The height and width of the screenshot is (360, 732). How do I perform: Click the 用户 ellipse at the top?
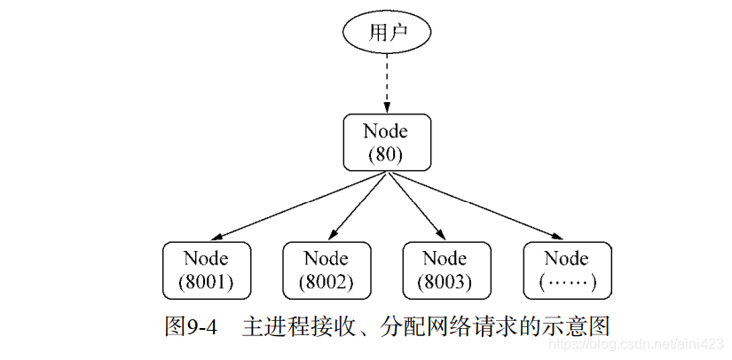pyautogui.click(x=386, y=34)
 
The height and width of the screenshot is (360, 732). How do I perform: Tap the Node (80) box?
pyautogui.click(x=386, y=142)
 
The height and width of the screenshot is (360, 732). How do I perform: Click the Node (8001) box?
pyautogui.click(x=206, y=270)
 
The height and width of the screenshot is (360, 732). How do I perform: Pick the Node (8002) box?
pyautogui.click(x=326, y=270)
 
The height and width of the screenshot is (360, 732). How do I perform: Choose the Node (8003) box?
pyautogui.click(x=445, y=270)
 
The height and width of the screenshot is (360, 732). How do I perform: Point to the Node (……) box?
pyautogui.click(x=566, y=270)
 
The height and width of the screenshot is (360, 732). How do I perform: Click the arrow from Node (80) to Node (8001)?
pyautogui.click(x=297, y=206)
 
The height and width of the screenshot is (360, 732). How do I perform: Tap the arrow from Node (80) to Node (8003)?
pyautogui.click(x=415, y=206)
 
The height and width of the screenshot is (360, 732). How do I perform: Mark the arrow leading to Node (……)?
pyautogui.click(x=475, y=206)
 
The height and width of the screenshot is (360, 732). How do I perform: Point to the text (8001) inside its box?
pyautogui.click(x=206, y=283)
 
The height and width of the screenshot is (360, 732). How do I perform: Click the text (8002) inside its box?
pyautogui.click(x=326, y=283)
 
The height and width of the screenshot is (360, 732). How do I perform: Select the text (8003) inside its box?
pyautogui.click(x=445, y=283)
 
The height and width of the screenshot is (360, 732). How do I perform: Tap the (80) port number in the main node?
pyautogui.click(x=386, y=154)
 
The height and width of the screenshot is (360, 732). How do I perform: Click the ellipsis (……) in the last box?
pyautogui.click(x=566, y=283)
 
